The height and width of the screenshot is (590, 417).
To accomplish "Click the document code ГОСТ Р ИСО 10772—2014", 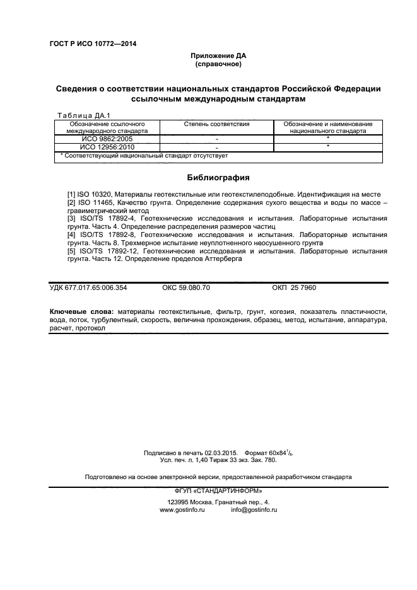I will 93,43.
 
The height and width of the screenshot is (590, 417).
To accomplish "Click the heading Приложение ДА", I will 218,56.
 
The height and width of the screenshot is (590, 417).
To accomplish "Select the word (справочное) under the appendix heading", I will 218,64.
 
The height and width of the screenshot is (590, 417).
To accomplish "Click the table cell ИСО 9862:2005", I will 107,139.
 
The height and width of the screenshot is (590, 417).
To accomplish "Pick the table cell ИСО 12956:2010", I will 107,147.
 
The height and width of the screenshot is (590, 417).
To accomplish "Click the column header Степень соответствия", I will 216,124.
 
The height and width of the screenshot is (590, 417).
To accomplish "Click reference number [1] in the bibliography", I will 71,194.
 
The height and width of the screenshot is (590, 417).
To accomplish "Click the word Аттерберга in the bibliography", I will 242,258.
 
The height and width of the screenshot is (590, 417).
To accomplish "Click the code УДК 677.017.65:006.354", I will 88,287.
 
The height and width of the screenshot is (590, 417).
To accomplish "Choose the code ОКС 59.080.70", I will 186,287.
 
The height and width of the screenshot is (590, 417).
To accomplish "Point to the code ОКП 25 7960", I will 294,287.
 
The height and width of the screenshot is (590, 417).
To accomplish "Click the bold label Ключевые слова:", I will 81,312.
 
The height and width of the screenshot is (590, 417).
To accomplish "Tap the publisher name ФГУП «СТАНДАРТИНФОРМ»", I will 218,490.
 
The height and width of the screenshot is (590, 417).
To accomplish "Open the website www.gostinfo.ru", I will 183,509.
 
